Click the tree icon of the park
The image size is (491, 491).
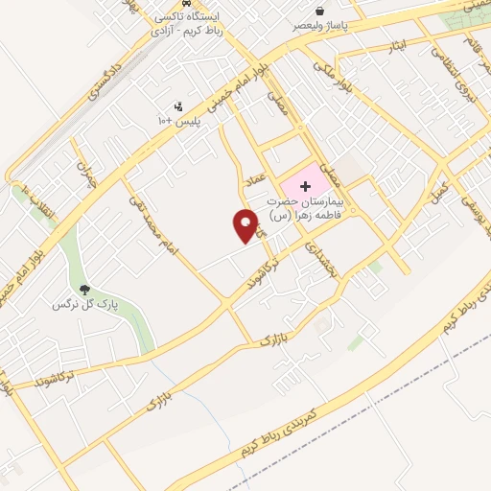click(x=85, y=290)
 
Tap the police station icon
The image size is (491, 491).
click(x=177, y=106)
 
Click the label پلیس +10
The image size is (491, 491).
click(x=177, y=122)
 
